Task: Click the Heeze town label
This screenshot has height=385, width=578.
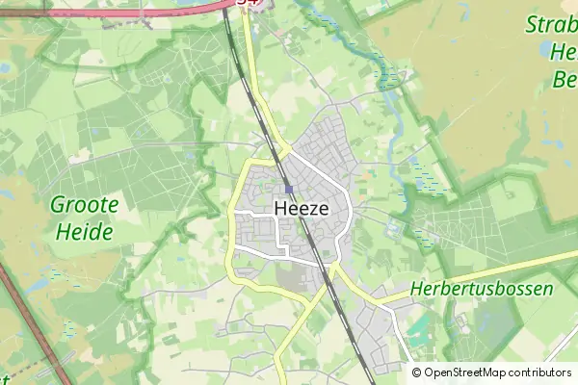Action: click(302, 208)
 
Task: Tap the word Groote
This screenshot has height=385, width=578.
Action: click(84, 204)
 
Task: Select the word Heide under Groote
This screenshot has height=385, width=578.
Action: click(84, 231)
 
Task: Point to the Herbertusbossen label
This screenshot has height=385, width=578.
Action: click(481, 289)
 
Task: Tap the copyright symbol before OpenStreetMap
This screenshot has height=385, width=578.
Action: click(417, 372)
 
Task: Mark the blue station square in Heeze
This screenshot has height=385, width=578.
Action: click(288, 189)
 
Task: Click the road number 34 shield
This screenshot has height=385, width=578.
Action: click(249, 3)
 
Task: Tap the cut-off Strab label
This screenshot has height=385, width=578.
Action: click(550, 24)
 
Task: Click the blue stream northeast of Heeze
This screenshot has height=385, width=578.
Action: click(390, 96)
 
